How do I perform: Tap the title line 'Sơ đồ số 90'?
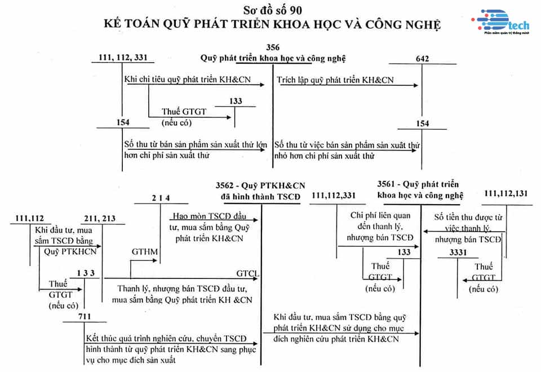270,10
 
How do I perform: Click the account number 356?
272,47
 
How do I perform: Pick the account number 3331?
458,253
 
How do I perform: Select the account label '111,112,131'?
506,194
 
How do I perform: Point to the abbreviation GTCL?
247,274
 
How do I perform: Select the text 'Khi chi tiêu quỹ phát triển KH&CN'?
188,79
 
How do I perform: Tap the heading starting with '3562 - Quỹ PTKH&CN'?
260,190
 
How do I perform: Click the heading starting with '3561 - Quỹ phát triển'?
420,190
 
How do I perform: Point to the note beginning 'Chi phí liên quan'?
380,226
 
